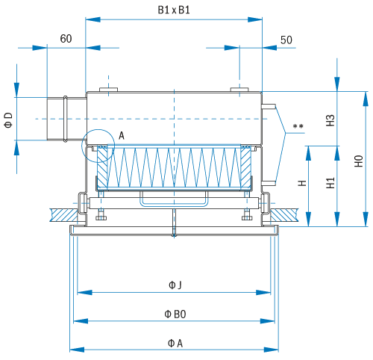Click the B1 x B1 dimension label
(x=174, y=10)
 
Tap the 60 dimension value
(x=66, y=39)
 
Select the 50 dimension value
(x=286, y=40)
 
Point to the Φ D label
(x=8, y=120)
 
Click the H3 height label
(x=330, y=120)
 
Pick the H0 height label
(x=359, y=161)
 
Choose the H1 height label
(x=330, y=183)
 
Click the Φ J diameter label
(x=175, y=285)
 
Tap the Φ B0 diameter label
(x=175, y=314)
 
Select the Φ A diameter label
(x=175, y=344)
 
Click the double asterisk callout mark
(x=298, y=126)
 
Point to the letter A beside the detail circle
(x=122, y=136)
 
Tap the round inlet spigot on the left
(x=66, y=119)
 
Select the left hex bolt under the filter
(x=101, y=216)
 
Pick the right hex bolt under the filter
(x=247, y=216)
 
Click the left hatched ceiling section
(x=63, y=215)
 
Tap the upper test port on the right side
(x=269, y=107)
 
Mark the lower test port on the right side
(x=269, y=183)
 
